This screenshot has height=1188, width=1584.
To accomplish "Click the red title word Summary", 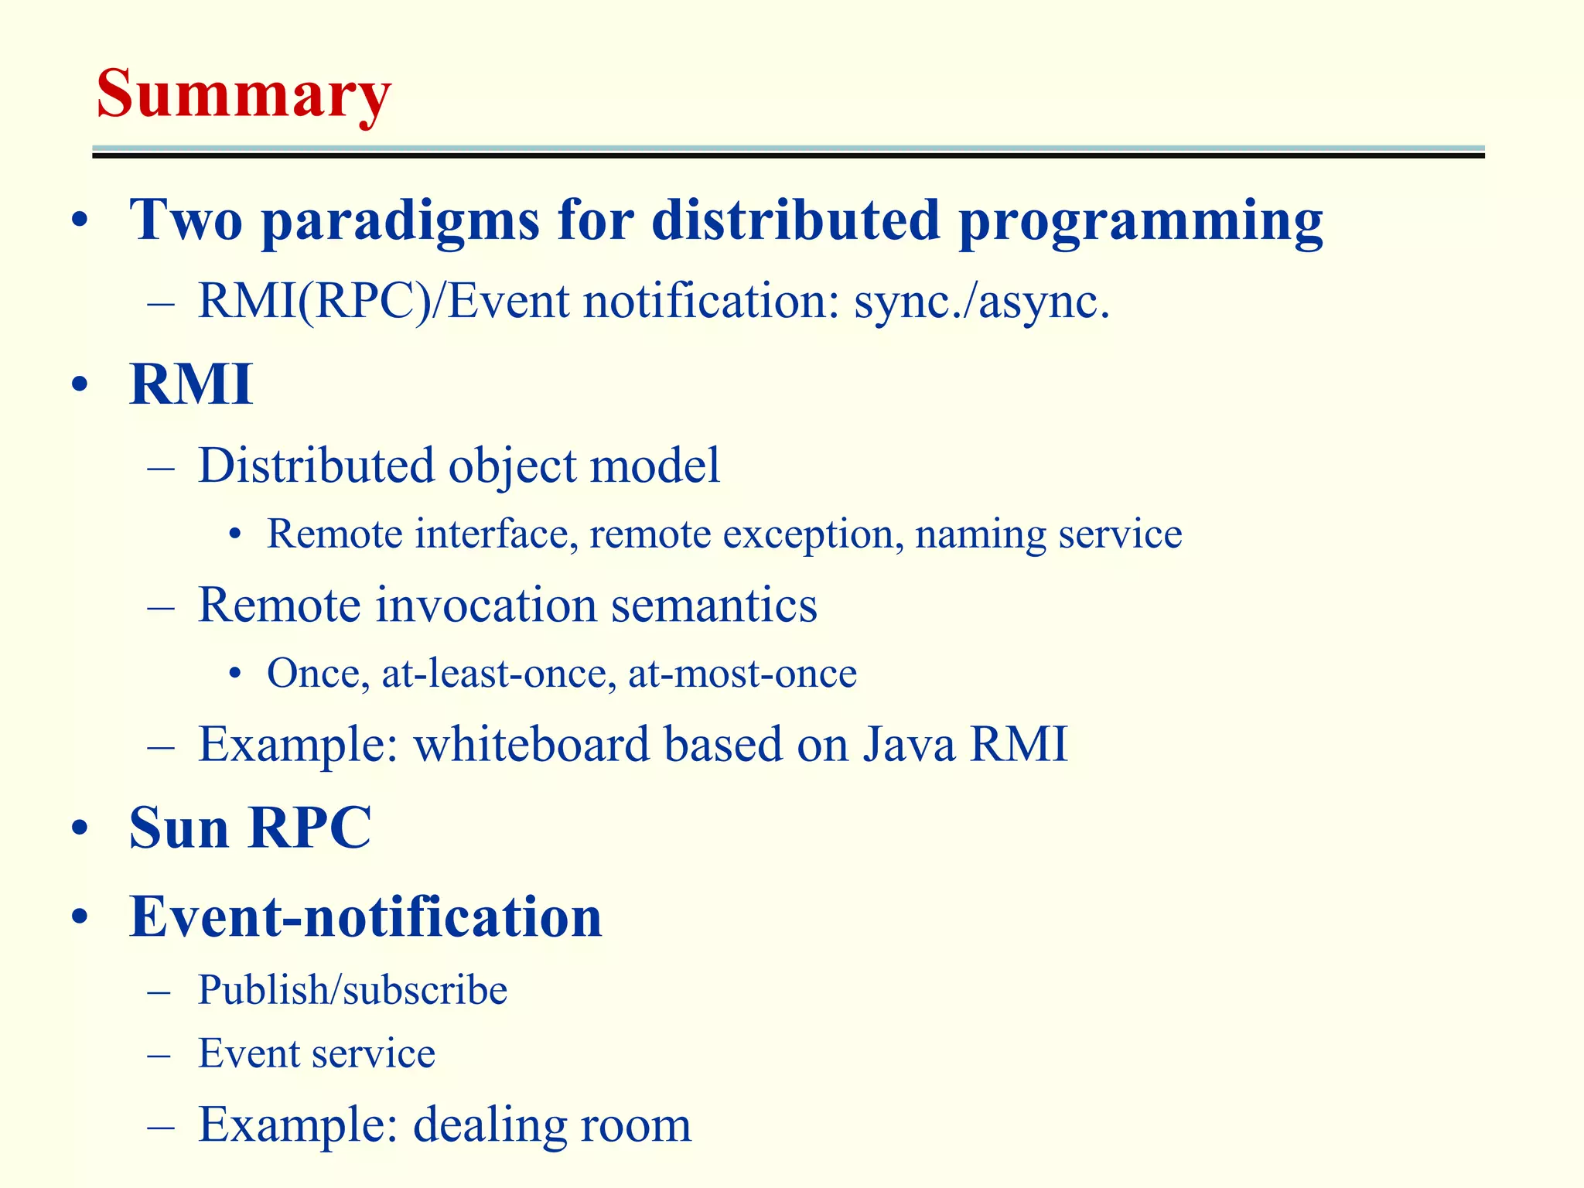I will pos(243,94).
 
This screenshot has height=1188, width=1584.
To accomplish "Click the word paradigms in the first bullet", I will pos(400,221).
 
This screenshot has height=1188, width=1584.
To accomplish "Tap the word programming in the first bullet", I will pos(1140,221).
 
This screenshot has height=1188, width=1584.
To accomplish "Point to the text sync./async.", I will pos(981,302).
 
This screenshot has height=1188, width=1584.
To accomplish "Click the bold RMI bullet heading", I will pos(191,384).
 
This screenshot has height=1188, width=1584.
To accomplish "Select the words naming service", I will pos(1048,534).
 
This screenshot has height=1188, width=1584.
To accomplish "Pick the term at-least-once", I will pos(499,673).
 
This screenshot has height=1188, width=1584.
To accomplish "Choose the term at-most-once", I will pos(742,673).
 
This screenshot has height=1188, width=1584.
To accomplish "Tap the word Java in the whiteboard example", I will pos(909,744).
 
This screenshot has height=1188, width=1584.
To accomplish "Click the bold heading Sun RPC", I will pos(250,828).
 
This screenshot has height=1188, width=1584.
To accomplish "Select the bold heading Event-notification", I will pos(365,917).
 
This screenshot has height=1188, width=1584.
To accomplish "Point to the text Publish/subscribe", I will pos(352,990).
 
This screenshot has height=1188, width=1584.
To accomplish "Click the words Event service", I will pos(316,1053).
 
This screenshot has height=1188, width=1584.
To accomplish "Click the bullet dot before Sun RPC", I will pos(79,830).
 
